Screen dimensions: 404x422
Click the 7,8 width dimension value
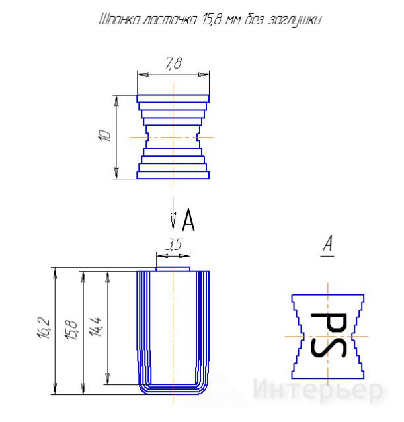(173, 63)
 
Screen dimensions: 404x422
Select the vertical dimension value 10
(104, 136)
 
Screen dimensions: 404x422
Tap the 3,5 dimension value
(174, 244)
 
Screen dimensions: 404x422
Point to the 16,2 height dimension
(44, 327)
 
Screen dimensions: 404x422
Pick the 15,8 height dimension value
(71, 330)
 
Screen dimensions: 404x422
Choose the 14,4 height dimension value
(96, 327)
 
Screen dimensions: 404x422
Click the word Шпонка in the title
(120, 20)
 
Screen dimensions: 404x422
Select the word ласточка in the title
(170, 20)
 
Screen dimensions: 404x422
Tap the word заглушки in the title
(295, 21)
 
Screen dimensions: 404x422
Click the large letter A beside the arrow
(188, 220)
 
